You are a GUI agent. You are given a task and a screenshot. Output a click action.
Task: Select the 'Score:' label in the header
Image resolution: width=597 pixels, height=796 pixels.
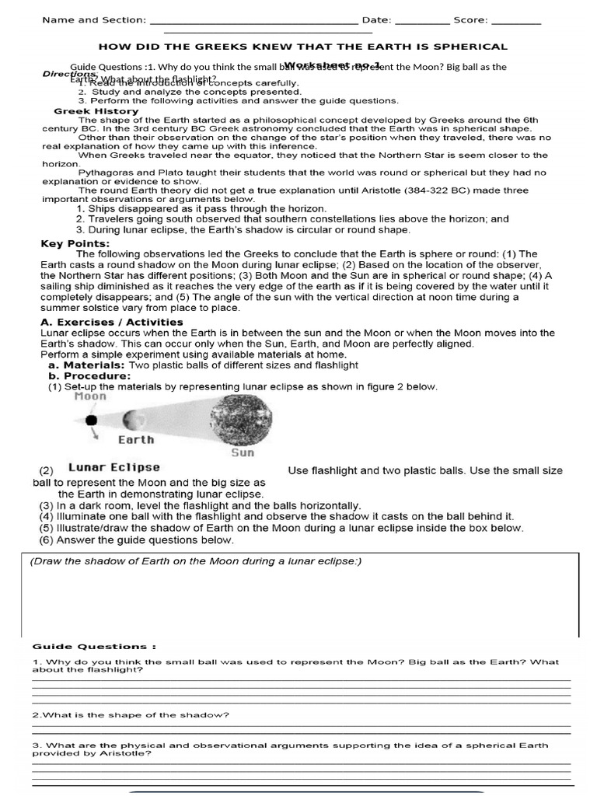click(471, 20)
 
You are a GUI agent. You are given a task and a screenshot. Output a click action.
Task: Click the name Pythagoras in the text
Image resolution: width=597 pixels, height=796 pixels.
click(106, 173)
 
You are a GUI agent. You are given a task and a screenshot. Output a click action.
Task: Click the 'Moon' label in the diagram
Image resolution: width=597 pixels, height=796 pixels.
click(90, 396)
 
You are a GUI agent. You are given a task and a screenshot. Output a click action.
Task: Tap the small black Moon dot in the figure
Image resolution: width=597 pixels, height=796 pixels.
click(92, 420)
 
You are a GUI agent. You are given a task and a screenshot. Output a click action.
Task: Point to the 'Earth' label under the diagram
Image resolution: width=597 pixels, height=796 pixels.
click(136, 439)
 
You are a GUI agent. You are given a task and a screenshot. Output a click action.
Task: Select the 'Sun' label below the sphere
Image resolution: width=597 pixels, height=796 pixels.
click(243, 452)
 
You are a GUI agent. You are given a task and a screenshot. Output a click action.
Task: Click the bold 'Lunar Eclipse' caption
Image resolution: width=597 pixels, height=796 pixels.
click(114, 468)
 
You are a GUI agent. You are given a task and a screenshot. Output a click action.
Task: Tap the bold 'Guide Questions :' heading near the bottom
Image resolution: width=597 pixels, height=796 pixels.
click(94, 646)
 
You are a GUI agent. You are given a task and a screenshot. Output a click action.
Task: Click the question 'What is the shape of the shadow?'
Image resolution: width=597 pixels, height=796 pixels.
click(131, 714)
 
